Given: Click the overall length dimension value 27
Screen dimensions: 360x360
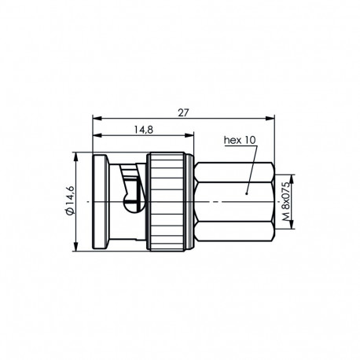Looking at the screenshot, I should pyautogui.click(x=183, y=112).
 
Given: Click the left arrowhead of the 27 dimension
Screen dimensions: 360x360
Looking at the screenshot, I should pyautogui.click(x=96, y=119).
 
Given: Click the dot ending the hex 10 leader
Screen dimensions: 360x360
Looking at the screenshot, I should pyautogui.click(x=246, y=192).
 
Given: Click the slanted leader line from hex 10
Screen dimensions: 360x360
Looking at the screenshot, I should pyautogui.click(x=251, y=169).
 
